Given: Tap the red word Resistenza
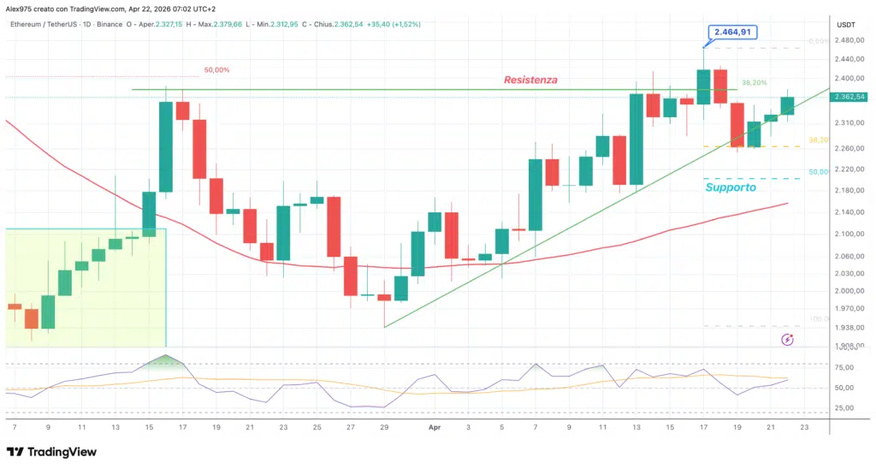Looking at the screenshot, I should pos(530,80).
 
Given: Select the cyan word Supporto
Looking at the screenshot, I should pos(731,187).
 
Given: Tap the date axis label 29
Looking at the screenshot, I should pos(384,425).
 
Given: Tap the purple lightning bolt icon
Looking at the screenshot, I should pos(788,340).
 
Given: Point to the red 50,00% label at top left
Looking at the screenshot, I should pos(216,70).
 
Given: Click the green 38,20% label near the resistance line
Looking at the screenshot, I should pos(753,83).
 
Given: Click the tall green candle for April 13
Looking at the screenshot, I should pos(636,139).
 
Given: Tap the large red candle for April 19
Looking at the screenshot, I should pos(737,125).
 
